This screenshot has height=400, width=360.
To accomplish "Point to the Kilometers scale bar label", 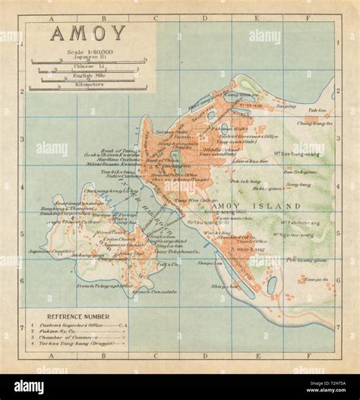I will click(89, 83).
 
